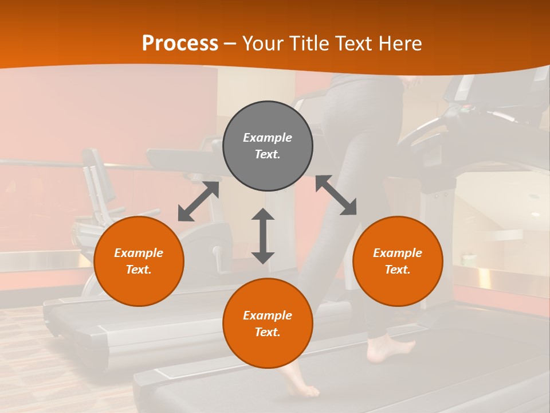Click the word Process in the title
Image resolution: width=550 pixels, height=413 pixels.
(180, 44)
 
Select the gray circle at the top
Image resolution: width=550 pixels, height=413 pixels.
(268, 146)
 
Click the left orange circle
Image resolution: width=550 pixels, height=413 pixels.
(139, 261)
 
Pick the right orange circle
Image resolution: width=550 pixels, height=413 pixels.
(398, 261)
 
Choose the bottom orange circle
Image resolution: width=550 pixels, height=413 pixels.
(268, 324)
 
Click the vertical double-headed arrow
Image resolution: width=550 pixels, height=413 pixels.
(263, 236)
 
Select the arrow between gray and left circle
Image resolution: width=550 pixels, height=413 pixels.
(198, 201)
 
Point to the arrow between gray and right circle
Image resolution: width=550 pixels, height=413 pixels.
(336, 195)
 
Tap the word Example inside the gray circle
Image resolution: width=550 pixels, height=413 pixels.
(268, 138)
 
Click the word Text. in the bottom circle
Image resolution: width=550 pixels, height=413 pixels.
(268, 332)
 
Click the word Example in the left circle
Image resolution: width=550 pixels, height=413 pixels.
(139, 253)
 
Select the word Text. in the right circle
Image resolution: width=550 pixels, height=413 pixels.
(398, 270)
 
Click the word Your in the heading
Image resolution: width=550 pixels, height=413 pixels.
(263, 44)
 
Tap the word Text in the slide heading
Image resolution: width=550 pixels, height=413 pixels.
(352, 44)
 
